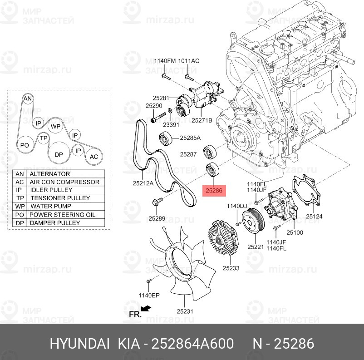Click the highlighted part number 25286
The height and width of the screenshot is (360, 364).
point(214,191)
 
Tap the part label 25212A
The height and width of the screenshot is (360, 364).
point(143,183)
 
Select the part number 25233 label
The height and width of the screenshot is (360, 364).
point(231,268)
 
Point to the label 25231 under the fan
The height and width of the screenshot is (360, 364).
point(185,311)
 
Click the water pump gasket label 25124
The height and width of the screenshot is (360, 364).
point(314,217)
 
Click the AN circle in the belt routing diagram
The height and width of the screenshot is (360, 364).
point(28,99)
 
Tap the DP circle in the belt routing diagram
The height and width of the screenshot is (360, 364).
point(59,154)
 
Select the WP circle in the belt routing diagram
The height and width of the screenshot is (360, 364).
point(55,126)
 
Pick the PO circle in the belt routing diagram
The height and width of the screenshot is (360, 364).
point(25,145)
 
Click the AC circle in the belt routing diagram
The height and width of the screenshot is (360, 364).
point(93,157)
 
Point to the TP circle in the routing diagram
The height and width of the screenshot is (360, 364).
point(44,138)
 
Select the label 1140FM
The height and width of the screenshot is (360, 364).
point(164,61)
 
